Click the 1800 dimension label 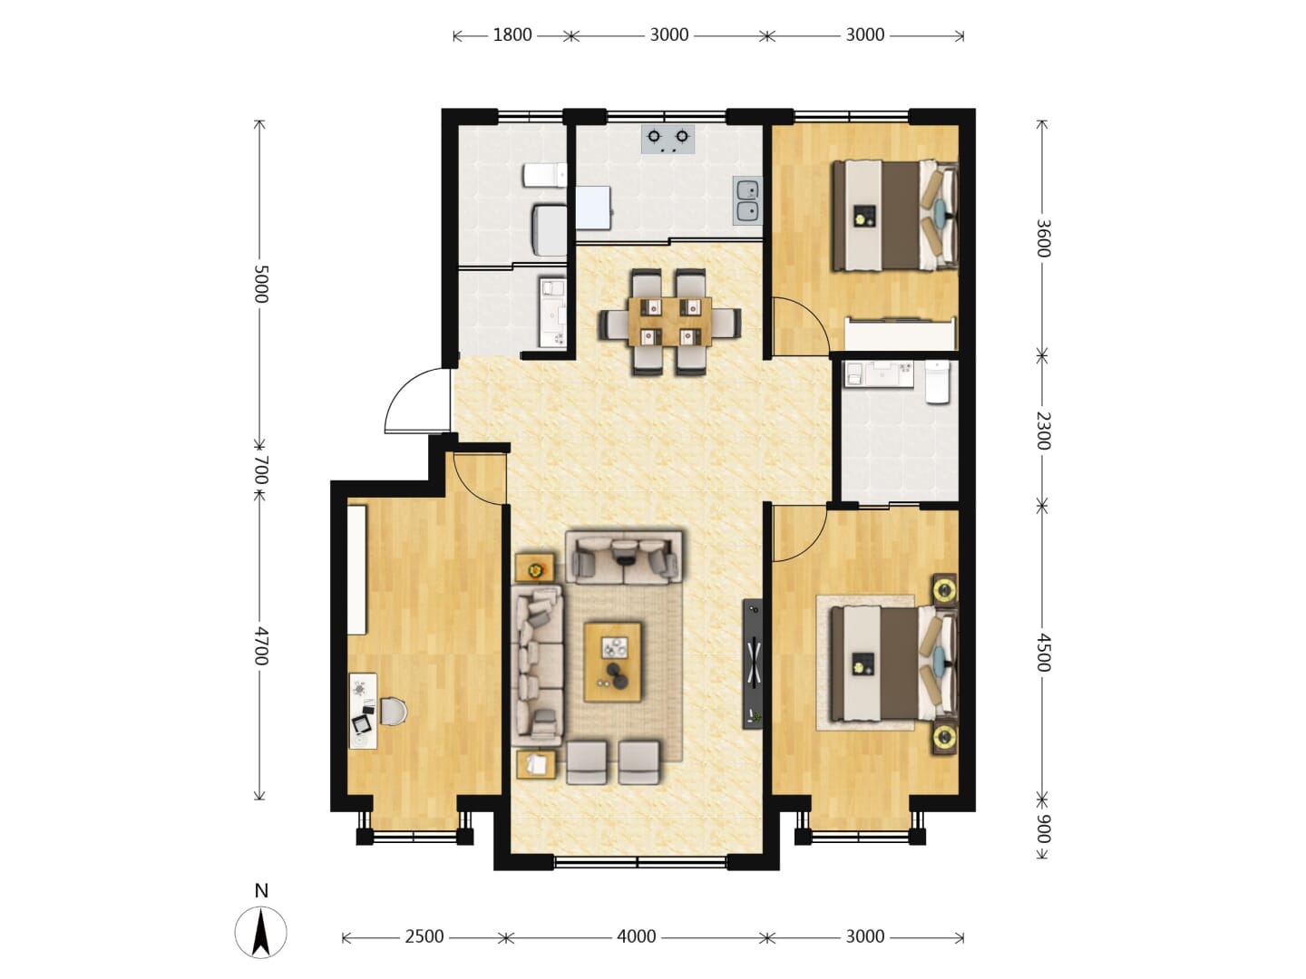click(x=512, y=35)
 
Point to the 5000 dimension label click(x=260, y=284)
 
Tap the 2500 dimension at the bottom click(x=424, y=936)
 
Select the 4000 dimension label click(x=636, y=936)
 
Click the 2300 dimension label click(x=1043, y=431)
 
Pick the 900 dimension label click(x=1043, y=829)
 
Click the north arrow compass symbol click(x=260, y=932)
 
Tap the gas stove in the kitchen click(x=668, y=139)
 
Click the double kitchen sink click(x=747, y=200)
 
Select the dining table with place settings click(x=670, y=322)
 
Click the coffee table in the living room click(x=612, y=662)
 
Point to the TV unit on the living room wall click(x=753, y=664)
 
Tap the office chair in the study click(x=393, y=712)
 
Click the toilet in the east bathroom click(x=937, y=381)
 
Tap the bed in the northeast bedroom click(x=894, y=216)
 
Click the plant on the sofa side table click(x=536, y=570)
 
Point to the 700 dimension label click(x=260, y=470)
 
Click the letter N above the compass click(x=261, y=890)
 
